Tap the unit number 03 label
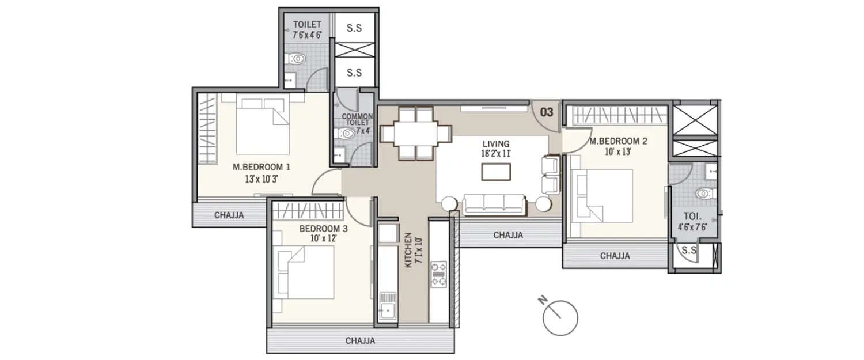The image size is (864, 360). point(546,112)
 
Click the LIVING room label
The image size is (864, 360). point(496,149)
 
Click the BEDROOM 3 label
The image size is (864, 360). point(323,233)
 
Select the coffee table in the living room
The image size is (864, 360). point(496,172)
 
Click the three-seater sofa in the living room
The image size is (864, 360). point(494,203)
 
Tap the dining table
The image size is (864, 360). point(415,133)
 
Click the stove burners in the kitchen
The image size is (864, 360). point(438,275)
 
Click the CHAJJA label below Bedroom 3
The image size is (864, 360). point(360,340)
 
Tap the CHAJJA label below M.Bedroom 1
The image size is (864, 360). point(229,215)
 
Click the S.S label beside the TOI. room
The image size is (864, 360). point(688,250)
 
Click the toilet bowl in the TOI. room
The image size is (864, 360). point(704,194)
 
